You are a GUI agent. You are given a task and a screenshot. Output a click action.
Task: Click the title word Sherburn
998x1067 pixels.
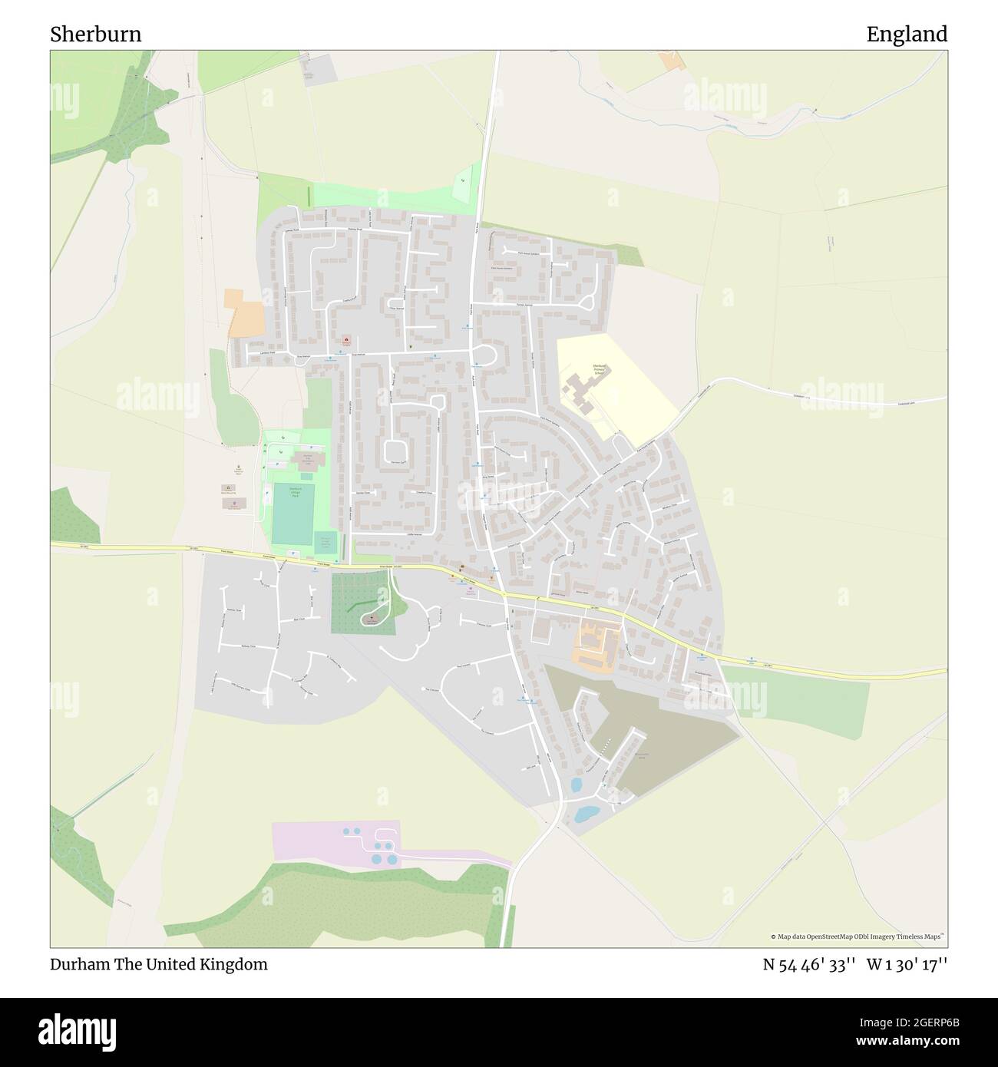pyautogui.click(x=96, y=35)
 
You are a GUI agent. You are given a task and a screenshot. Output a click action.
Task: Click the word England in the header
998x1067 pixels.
pyautogui.click(x=907, y=35)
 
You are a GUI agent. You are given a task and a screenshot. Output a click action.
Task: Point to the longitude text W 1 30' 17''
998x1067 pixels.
pyautogui.click(x=907, y=965)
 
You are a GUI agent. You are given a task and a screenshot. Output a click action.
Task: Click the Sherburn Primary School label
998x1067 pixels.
pyautogui.click(x=600, y=372)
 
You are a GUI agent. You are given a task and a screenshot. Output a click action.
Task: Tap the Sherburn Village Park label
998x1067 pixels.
pyautogui.click(x=296, y=491)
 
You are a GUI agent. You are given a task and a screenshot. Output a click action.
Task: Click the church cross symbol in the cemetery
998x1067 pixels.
pyautogui.click(x=374, y=616)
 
